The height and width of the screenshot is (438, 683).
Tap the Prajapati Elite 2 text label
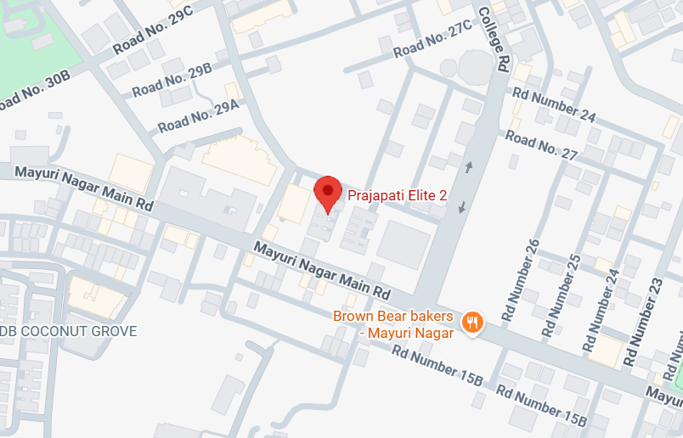tap(398, 195)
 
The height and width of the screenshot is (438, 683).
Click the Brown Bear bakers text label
tap(392, 323)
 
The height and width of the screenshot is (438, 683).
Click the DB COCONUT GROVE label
tap(69, 331)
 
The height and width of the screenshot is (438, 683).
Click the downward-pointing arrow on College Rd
tap(461, 207)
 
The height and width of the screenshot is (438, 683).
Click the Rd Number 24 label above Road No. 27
tap(553, 104)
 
